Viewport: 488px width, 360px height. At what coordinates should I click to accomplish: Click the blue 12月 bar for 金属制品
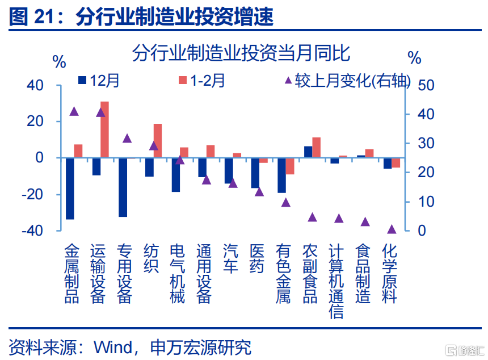[70, 188]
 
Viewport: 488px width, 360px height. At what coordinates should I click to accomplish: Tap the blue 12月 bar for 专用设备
[123, 187]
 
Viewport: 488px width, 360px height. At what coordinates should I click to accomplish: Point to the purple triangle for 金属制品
[74, 111]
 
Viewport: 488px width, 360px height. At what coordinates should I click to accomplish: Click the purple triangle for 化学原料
[392, 229]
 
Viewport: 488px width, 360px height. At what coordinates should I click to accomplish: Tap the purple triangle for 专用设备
[127, 138]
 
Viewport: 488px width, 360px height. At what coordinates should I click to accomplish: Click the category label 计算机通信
[336, 281]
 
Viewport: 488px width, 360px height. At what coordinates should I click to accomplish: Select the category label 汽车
[231, 258]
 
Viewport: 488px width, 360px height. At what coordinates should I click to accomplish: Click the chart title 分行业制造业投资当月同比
[241, 54]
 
